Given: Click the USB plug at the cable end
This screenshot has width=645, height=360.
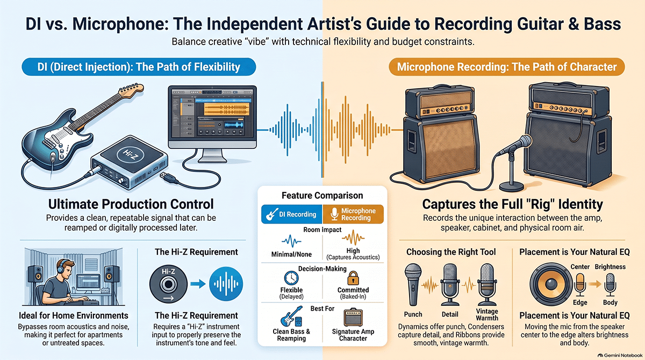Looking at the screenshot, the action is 168,177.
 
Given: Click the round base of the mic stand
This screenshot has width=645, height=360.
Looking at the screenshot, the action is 511,186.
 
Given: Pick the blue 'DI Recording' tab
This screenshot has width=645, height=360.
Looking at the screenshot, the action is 292,214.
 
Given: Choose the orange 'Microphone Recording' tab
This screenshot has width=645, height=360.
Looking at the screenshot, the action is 353,214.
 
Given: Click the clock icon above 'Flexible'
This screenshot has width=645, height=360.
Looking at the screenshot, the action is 291,278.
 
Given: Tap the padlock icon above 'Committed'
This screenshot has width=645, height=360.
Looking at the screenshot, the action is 353,278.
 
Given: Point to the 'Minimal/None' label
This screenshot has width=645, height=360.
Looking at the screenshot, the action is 291,254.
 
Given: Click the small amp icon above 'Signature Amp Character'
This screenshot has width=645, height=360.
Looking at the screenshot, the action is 353,317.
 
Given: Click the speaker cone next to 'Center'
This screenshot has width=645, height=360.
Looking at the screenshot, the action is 551,284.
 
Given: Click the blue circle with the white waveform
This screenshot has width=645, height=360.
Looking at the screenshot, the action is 226,284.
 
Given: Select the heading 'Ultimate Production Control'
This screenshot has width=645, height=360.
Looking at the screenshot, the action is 131,204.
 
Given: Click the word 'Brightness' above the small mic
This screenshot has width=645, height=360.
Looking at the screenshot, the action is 610,267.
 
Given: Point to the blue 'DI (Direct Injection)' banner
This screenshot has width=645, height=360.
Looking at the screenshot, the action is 139,67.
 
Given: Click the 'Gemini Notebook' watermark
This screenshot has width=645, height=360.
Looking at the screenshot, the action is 620,355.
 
